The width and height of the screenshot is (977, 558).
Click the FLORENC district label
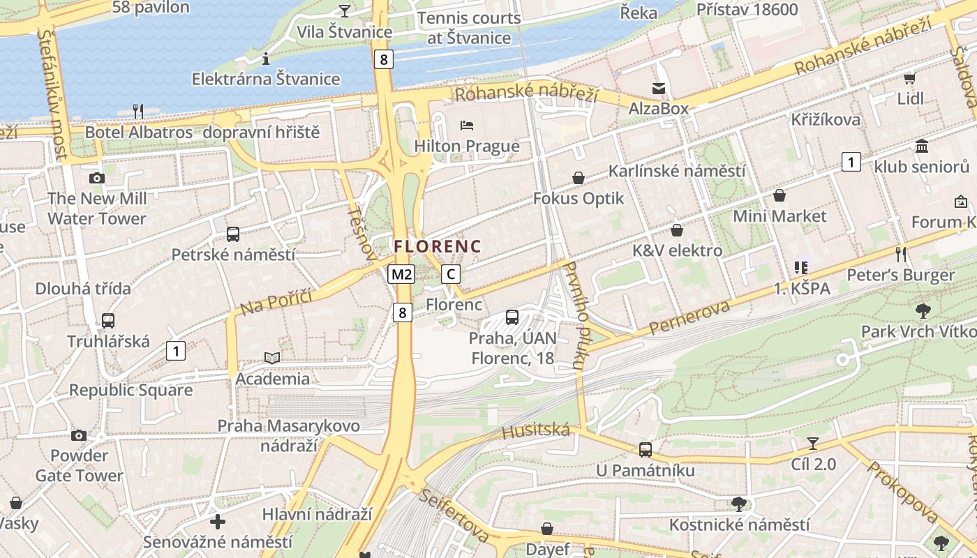click(x=438, y=246)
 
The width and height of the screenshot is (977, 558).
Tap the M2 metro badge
click(x=401, y=274)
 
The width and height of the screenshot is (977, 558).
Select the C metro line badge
click(x=451, y=274)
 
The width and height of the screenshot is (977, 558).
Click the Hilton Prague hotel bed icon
click(x=467, y=126)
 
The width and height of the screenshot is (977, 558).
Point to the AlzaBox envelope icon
click(x=659, y=89)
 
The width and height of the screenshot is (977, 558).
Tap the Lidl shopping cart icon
click(x=909, y=78)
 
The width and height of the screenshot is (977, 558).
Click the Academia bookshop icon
click(x=272, y=358)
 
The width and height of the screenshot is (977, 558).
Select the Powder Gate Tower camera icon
click(x=79, y=436)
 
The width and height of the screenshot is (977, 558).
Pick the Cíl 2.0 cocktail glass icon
click(x=813, y=443)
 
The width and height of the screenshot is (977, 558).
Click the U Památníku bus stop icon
click(x=646, y=449)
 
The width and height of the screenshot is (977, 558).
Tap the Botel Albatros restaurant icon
click(x=138, y=111)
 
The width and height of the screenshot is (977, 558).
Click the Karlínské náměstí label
click(x=677, y=171)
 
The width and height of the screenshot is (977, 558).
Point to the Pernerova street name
click(x=689, y=317)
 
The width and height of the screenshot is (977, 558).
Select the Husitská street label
click(x=536, y=431)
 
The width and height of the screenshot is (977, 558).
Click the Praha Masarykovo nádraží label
click(x=289, y=435)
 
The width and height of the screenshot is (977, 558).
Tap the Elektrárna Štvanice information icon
click(x=265, y=59)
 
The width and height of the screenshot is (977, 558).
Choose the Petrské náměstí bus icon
click(x=233, y=234)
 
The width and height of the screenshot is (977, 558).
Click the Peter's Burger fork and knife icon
click(x=901, y=254)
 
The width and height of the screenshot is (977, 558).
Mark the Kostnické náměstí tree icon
click(x=739, y=504)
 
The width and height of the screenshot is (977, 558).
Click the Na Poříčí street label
click(x=275, y=298)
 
